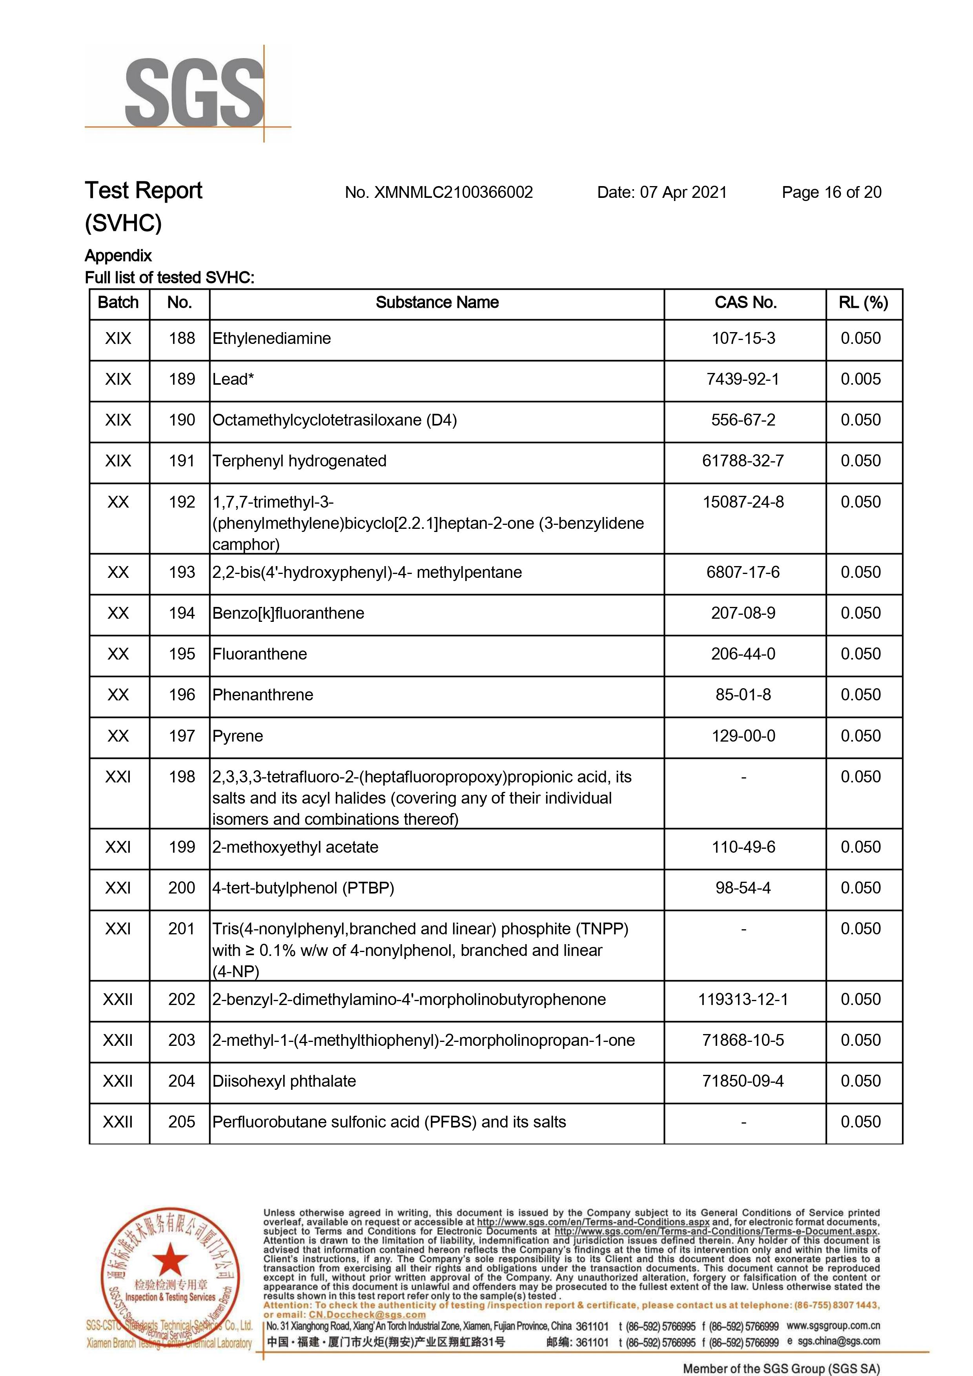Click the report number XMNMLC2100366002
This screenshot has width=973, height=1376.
(x=453, y=192)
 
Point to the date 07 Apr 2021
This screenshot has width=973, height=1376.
(x=683, y=192)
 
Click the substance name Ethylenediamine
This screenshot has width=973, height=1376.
(x=271, y=338)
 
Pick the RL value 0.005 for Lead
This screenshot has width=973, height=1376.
(x=860, y=379)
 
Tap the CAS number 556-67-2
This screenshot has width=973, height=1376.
(x=743, y=420)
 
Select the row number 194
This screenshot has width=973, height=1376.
(x=182, y=613)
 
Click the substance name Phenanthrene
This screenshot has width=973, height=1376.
(x=262, y=694)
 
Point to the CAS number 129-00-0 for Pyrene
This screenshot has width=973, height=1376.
(x=743, y=736)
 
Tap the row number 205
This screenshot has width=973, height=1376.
(x=182, y=1121)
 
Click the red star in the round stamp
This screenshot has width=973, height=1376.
(x=171, y=1259)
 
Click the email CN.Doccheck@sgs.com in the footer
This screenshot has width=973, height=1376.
(x=367, y=1314)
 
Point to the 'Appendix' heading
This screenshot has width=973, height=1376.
(x=118, y=256)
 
